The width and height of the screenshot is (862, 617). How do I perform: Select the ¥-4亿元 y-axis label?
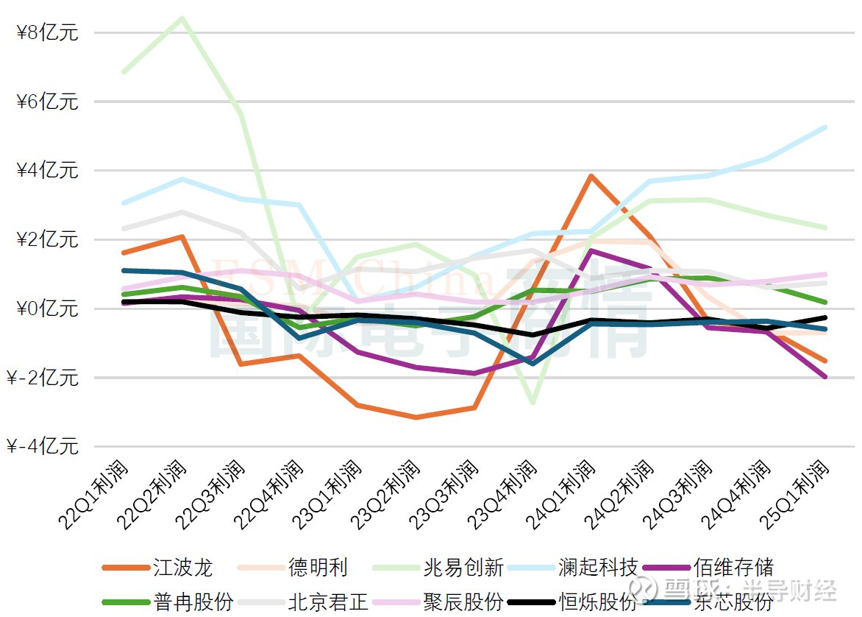pyautogui.click(x=43, y=446)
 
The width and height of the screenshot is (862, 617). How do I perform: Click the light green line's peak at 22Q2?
pyautogui.click(x=182, y=18)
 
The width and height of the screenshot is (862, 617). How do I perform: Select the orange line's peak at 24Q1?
pyautogui.click(x=591, y=176)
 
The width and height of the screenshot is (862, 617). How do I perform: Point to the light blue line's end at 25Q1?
pyautogui.click(x=825, y=127)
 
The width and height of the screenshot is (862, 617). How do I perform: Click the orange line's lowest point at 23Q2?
pyautogui.click(x=416, y=417)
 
